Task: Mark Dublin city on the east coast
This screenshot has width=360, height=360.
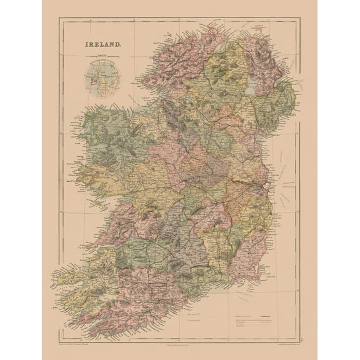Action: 267,187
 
